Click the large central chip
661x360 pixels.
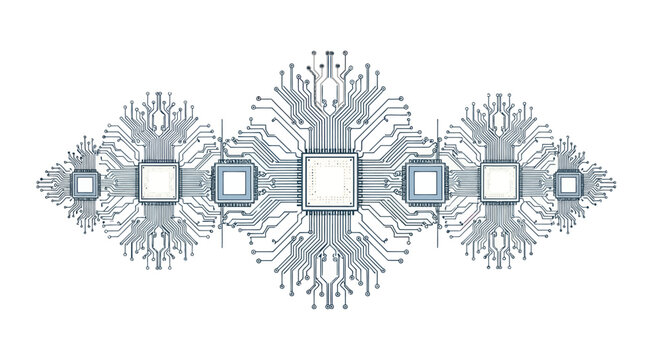pyautogui.click(x=330, y=181)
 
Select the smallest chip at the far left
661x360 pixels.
pyautogui.click(x=86, y=184)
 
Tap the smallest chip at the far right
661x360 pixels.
pyautogui.click(x=568, y=184)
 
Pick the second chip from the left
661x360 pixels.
pyautogui.click(x=159, y=181)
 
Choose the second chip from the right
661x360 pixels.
pyautogui.click(x=498, y=181)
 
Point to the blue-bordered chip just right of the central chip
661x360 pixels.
pyautogui.click(x=423, y=182)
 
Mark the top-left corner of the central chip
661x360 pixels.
pyautogui.click(x=303, y=154)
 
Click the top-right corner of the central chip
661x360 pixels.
pyautogui.click(x=358, y=154)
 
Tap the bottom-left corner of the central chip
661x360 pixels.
pyautogui.click(x=303, y=209)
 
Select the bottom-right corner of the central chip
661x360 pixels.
pyautogui.click(x=358, y=209)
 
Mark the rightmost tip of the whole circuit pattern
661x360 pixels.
pyautogui.click(x=614, y=185)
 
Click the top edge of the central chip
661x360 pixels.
pyautogui.click(x=330, y=153)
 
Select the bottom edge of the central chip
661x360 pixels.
pyautogui.click(x=330, y=210)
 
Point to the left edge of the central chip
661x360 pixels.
pyautogui.click(x=302, y=181)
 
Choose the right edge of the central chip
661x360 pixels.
pyautogui.click(x=359, y=181)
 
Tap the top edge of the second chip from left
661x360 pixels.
pyautogui.click(x=159, y=162)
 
